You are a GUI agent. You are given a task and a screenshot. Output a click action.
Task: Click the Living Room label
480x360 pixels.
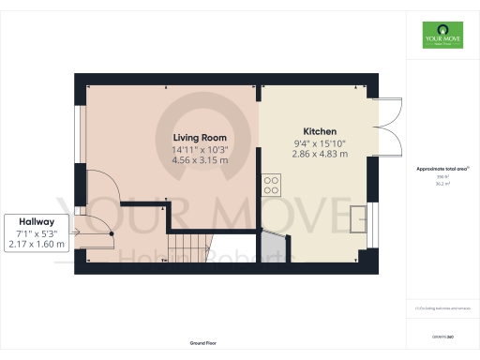click(x=200, y=137)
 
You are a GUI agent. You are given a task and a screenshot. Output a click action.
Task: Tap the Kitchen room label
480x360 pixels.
click(x=320, y=131)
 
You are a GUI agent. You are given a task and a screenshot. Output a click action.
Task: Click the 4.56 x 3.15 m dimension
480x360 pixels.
click(x=200, y=160)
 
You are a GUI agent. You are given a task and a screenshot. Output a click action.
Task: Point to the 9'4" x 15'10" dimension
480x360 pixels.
click(x=320, y=143)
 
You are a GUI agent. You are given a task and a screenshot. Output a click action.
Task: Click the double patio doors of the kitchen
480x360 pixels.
click(x=387, y=127)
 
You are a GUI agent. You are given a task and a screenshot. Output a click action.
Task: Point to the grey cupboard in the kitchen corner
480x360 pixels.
click(x=272, y=247)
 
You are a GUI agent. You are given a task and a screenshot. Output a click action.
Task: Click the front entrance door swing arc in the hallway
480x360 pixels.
click(x=95, y=234)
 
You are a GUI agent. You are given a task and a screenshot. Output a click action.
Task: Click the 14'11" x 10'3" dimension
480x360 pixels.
click(x=200, y=149)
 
